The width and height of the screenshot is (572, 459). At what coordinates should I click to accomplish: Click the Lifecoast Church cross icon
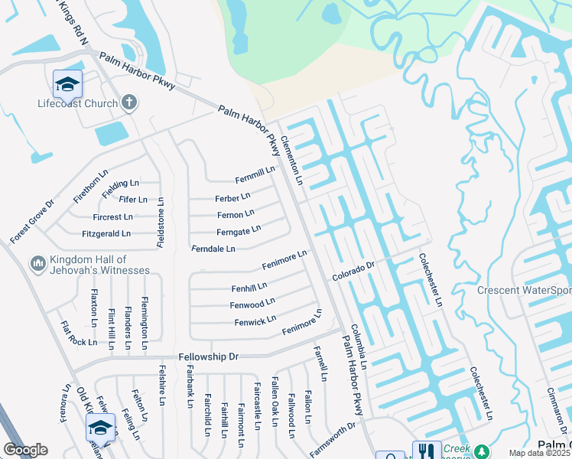coord(129,103)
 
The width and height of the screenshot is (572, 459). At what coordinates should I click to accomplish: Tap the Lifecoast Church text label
coord(78,103)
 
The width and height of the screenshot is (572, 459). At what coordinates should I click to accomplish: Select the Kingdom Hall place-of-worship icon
coord(37,264)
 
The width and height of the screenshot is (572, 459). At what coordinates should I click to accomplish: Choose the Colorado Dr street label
coord(353,271)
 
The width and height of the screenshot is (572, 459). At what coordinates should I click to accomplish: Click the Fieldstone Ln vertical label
coord(161,223)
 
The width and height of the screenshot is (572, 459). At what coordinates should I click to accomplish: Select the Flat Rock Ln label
coord(79,333)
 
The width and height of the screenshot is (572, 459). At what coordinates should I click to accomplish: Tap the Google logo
coord(25,450)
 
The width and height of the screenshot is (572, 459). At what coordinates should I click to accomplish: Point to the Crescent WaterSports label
coord(524,291)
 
